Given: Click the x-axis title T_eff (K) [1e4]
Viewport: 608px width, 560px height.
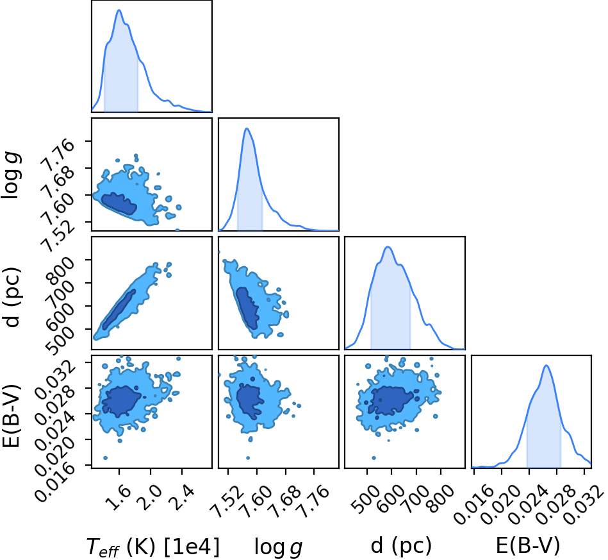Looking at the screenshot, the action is click(x=152, y=547).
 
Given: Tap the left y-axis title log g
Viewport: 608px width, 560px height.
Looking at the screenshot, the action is click(x=12, y=176).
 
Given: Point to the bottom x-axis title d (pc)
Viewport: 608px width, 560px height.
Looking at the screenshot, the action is click(x=401, y=546).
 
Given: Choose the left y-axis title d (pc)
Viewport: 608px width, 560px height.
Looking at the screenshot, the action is click(x=12, y=297).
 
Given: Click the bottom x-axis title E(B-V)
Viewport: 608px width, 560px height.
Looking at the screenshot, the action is click(x=528, y=546).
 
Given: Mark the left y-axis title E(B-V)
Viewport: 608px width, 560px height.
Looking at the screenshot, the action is click(x=11, y=416).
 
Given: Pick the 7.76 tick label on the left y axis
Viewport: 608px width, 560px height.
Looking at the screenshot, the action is click(x=57, y=154).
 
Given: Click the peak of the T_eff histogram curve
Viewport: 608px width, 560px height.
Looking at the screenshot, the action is click(x=119, y=10).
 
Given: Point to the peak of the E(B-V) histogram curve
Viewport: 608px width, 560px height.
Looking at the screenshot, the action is click(x=546, y=365).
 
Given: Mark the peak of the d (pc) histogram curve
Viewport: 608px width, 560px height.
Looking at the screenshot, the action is click(x=388, y=247).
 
